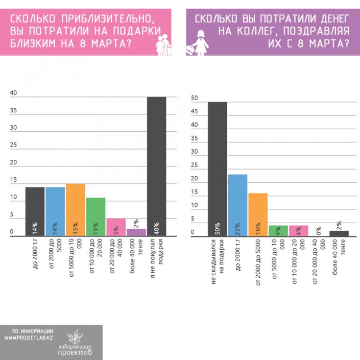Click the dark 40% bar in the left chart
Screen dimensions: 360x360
(x=156, y=166)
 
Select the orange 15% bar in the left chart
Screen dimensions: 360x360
(x=75, y=209)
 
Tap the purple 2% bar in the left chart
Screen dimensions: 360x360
(x=136, y=232)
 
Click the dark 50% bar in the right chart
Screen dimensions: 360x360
(x=217, y=169)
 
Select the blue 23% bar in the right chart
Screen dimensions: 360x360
(x=237, y=204)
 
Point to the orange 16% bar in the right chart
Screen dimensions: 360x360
(x=258, y=214)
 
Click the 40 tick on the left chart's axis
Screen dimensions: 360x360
(x=13, y=93)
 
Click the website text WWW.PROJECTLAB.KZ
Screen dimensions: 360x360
(x=29, y=338)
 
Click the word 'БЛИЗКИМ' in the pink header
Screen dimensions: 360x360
(x=34, y=44)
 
